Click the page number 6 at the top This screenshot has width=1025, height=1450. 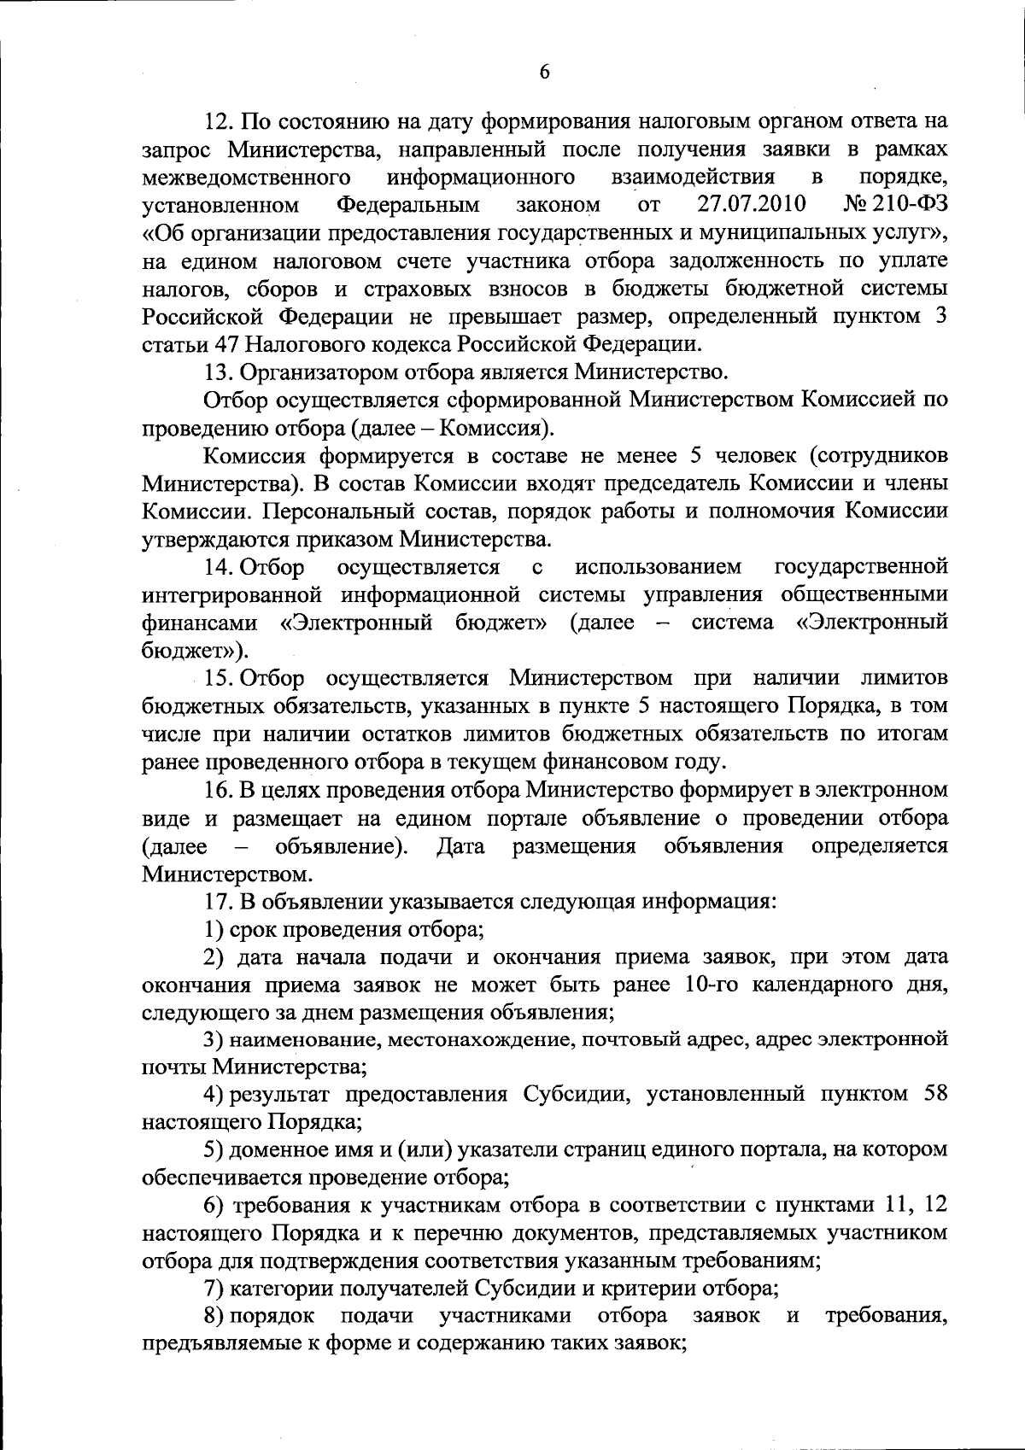point(544,73)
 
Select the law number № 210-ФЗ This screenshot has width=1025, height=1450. point(895,205)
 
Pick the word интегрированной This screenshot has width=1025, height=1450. point(227,595)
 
